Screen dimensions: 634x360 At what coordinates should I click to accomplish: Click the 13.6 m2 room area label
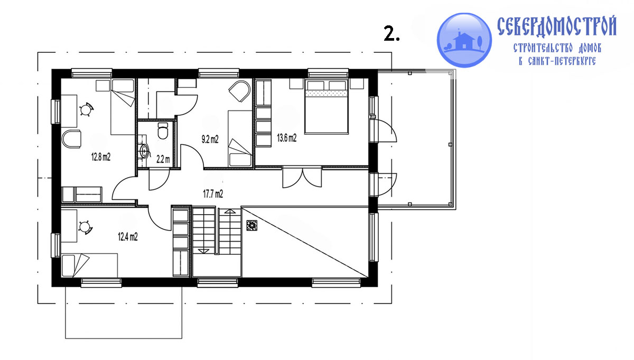tap(287, 138)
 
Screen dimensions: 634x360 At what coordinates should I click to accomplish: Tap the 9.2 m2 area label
tap(210, 140)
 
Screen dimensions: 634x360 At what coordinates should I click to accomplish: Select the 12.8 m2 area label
tap(101, 157)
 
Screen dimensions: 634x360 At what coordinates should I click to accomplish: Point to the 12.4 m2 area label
tap(128, 236)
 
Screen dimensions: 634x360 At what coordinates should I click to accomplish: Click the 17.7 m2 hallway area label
tap(213, 193)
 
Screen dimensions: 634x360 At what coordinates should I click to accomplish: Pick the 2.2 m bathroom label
tap(163, 160)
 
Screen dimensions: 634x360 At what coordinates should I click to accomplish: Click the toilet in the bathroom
tap(163, 131)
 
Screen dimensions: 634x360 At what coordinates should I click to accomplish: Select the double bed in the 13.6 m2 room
tap(327, 106)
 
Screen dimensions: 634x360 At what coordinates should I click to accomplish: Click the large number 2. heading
tap(391, 33)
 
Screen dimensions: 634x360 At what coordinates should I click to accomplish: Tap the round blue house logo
tap(464, 40)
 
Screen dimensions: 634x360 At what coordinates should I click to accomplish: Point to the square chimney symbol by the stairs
tap(251, 225)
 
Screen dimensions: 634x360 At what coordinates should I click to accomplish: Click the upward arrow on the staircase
tap(230, 211)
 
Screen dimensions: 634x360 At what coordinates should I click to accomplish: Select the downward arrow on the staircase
tap(203, 251)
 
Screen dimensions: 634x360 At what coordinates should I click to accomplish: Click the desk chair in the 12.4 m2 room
tap(86, 227)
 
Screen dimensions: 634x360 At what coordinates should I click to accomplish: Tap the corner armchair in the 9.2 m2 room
tap(240, 90)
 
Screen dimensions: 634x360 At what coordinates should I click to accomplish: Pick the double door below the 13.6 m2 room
tap(302, 178)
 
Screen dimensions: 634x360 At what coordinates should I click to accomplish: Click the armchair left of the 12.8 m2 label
tap(71, 139)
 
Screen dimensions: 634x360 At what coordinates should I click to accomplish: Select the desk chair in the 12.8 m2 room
tap(86, 109)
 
